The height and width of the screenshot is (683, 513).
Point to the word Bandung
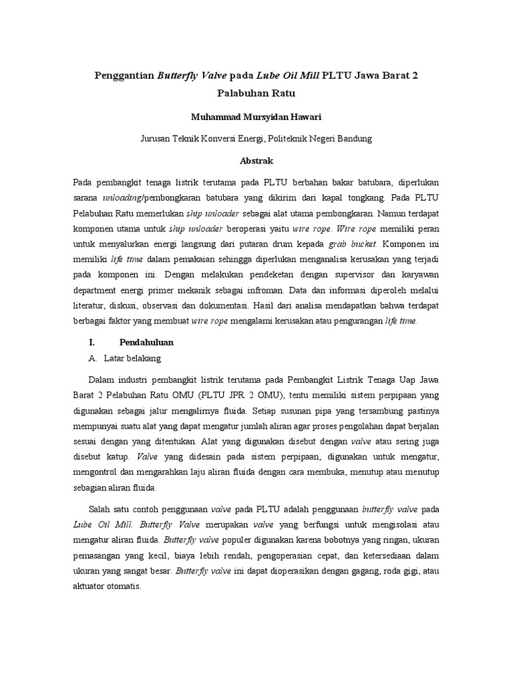tap(351, 139)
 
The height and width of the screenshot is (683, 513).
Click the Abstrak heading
tap(256, 161)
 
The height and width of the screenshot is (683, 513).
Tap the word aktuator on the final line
tap(91, 587)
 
